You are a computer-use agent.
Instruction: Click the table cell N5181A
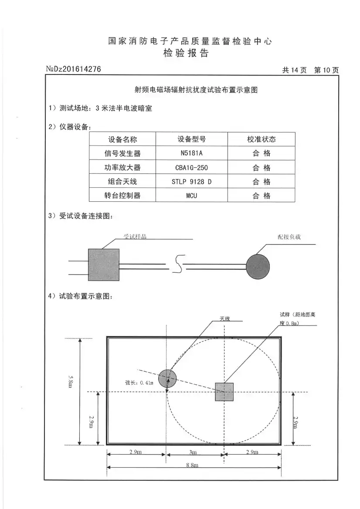[x=191, y=153]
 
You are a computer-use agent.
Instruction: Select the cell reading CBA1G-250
[x=191, y=167]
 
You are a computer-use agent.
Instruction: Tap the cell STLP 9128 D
[x=191, y=182]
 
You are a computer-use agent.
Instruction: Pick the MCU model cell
[x=191, y=196]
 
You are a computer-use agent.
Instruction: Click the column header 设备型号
[x=191, y=139]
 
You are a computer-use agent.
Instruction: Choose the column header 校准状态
[x=262, y=139]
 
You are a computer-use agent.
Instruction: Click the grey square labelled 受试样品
[x=104, y=265]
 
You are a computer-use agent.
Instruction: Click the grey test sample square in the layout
[x=224, y=392]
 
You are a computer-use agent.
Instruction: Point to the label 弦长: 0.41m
[x=139, y=383]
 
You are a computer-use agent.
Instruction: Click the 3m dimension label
[x=194, y=452]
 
